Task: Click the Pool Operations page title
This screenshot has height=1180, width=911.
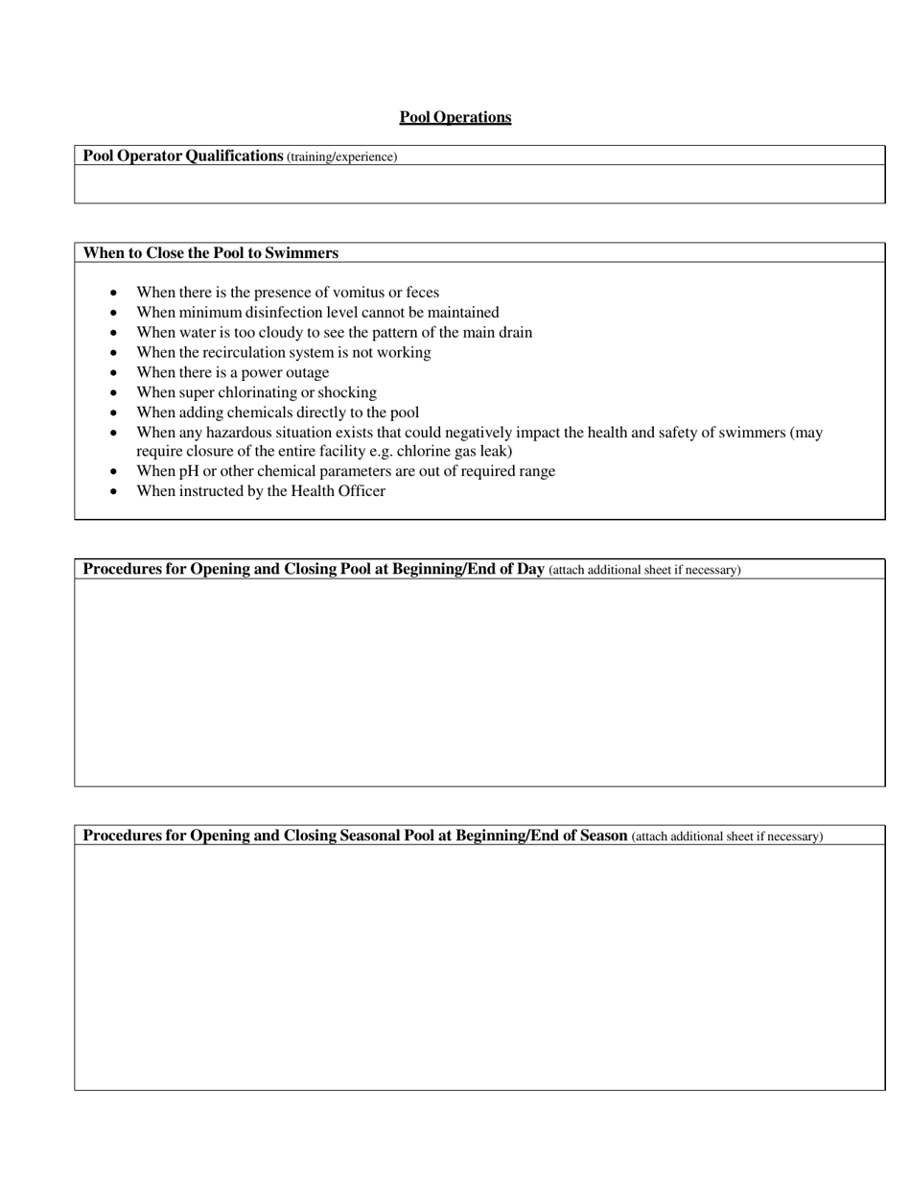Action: click(x=455, y=117)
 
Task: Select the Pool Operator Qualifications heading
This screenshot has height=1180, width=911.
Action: click(x=182, y=155)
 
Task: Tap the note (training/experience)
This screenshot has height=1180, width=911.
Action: click(x=341, y=156)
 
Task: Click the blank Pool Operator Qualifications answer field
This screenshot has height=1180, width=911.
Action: click(x=479, y=183)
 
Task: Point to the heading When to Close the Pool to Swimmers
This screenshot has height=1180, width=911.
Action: click(x=210, y=253)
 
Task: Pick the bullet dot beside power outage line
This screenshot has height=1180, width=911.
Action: click(x=115, y=372)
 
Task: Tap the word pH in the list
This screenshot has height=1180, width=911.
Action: click(x=188, y=471)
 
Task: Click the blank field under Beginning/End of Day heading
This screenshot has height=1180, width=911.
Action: click(x=479, y=681)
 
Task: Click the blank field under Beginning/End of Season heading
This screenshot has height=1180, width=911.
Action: click(x=479, y=967)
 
